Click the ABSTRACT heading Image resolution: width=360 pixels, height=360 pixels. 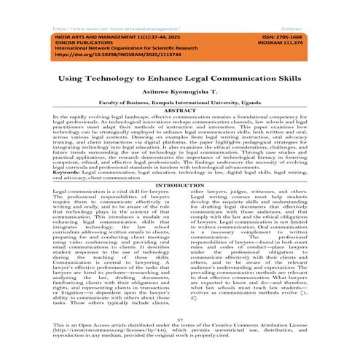point(180,110)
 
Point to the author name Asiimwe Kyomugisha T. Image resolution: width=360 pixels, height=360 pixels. point(180,87)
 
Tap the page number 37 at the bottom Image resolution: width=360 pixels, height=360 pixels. point(180,318)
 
